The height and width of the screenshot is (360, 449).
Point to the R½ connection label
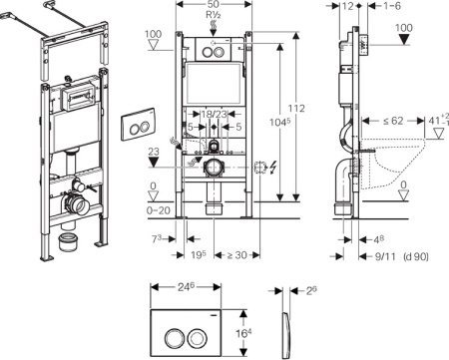pos(214,18)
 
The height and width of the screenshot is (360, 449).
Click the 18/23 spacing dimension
pos(214,115)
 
